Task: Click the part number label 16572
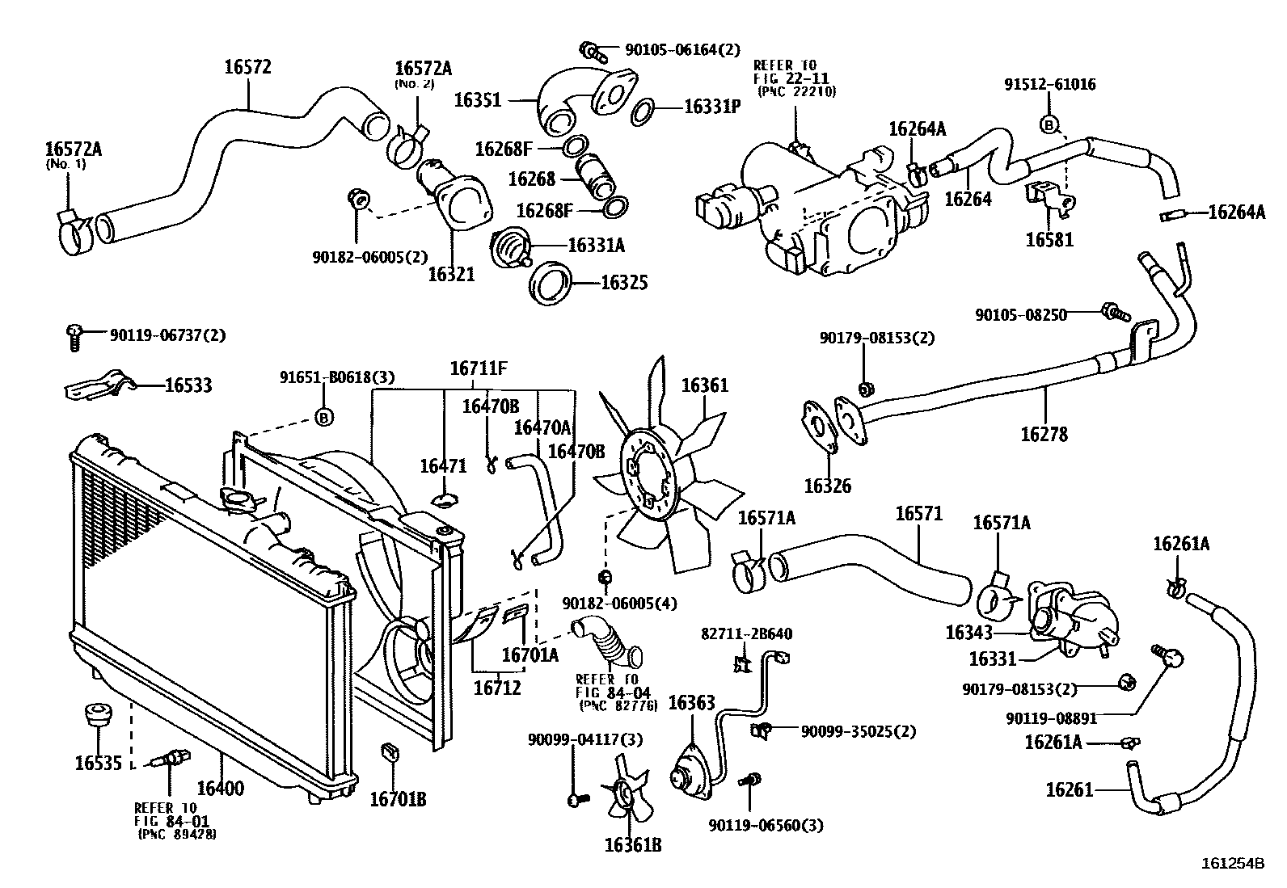coord(247,67)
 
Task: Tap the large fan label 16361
coord(704,385)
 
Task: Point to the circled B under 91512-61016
coord(1049,125)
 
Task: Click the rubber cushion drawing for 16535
coord(98,716)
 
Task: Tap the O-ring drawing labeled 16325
coord(552,284)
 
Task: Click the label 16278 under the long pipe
coord(1044,435)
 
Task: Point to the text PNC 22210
coord(795,92)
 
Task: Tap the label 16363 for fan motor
coord(691,702)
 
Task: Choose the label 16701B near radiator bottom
coord(398,799)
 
